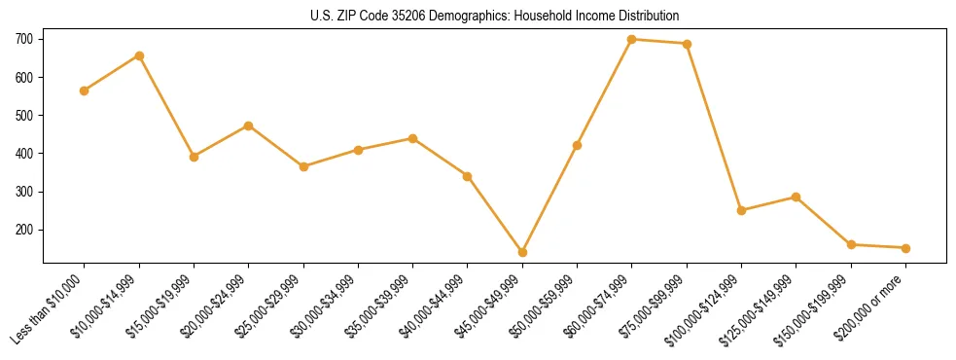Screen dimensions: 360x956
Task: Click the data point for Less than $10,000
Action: (85, 90)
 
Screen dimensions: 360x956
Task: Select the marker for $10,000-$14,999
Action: (139, 55)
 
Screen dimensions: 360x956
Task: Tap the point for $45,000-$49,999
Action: (523, 252)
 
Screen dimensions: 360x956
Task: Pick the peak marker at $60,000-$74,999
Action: (632, 39)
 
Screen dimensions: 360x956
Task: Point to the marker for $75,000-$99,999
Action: (687, 44)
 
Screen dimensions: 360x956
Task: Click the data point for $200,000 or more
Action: (905, 248)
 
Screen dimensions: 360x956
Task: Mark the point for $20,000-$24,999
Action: (249, 126)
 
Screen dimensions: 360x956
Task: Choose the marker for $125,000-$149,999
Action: (797, 197)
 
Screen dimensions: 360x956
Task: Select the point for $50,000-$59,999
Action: (578, 145)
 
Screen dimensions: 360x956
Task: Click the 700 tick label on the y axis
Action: (24, 39)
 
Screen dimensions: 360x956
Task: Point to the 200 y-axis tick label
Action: (24, 230)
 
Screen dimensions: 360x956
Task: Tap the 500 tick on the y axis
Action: (24, 115)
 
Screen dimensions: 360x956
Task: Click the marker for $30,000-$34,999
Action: (358, 150)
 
